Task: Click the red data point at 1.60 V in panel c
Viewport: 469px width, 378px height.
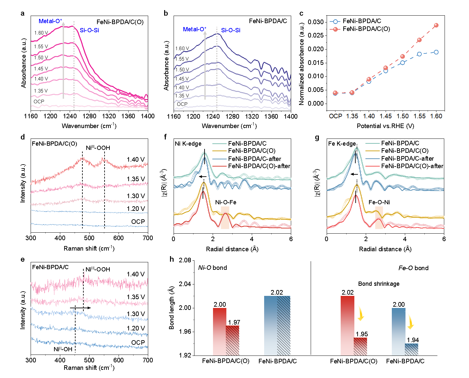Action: point(436,25)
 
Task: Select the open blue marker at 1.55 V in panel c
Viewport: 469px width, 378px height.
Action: point(419,54)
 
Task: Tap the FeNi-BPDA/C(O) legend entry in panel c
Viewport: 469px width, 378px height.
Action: point(366,29)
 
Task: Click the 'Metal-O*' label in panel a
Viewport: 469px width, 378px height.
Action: point(50,21)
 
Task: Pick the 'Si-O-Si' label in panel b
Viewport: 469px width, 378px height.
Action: point(231,30)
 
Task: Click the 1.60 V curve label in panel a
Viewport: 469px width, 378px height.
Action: point(41,33)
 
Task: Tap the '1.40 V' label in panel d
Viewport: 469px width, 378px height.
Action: point(136,159)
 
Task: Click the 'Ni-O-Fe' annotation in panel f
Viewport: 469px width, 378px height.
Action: point(226,202)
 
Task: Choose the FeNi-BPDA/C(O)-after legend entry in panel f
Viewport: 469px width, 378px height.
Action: point(259,166)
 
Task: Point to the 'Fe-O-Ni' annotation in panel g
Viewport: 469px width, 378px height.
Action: point(379,202)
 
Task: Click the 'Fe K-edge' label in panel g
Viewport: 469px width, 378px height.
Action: point(342,144)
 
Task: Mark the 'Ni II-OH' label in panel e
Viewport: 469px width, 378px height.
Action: point(63,349)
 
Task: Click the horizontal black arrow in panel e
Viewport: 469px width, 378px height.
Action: point(80,308)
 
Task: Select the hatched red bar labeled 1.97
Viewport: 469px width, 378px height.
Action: point(233,340)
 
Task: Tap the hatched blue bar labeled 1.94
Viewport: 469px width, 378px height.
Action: point(412,349)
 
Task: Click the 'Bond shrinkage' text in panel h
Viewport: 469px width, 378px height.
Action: point(379,284)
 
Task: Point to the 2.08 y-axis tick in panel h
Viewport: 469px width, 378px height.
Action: point(185,260)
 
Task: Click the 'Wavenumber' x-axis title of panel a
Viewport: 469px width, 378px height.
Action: point(89,126)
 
